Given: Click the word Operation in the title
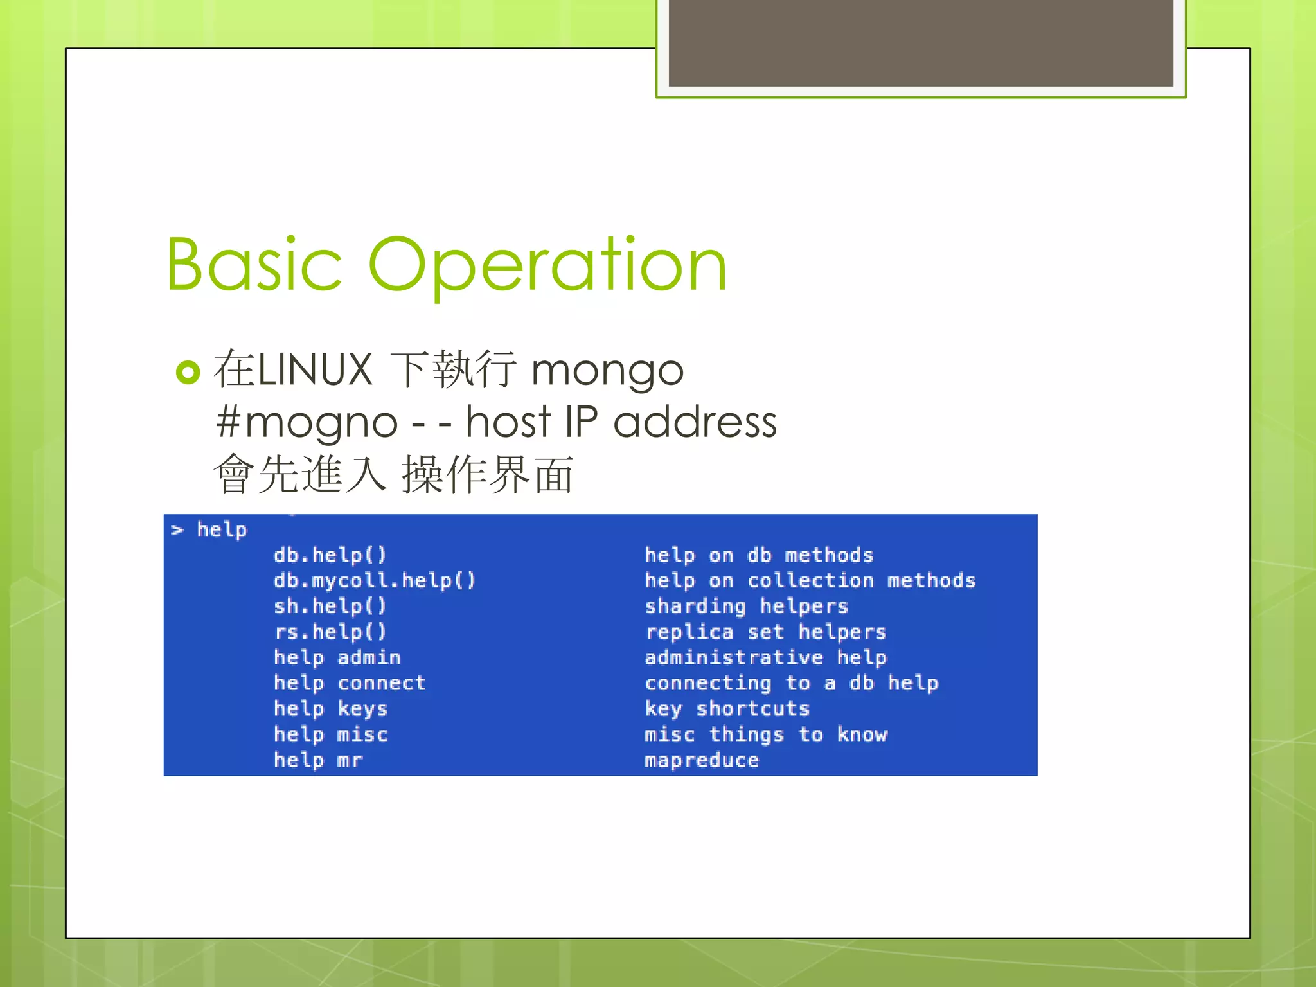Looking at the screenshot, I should (547, 265).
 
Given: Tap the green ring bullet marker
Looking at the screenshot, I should (188, 372).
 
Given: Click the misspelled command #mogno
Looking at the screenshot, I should (307, 423).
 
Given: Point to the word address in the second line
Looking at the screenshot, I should (695, 422).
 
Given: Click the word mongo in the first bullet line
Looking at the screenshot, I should (607, 371).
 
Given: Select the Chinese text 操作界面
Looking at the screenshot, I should (487, 476).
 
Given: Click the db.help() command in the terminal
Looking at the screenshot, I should (330, 555).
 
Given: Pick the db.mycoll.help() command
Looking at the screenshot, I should (374, 580).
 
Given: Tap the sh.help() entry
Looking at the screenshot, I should (330, 606).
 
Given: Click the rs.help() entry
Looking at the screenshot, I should (330, 632).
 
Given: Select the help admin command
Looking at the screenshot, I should (337, 657).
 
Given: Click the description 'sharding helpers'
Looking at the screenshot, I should (746, 606).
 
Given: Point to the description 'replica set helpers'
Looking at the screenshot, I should (765, 632).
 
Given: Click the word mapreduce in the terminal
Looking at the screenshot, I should (701, 760).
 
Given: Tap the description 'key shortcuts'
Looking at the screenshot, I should (727, 709).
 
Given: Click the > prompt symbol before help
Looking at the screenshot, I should (177, 530).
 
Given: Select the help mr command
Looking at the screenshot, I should (318, 760).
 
